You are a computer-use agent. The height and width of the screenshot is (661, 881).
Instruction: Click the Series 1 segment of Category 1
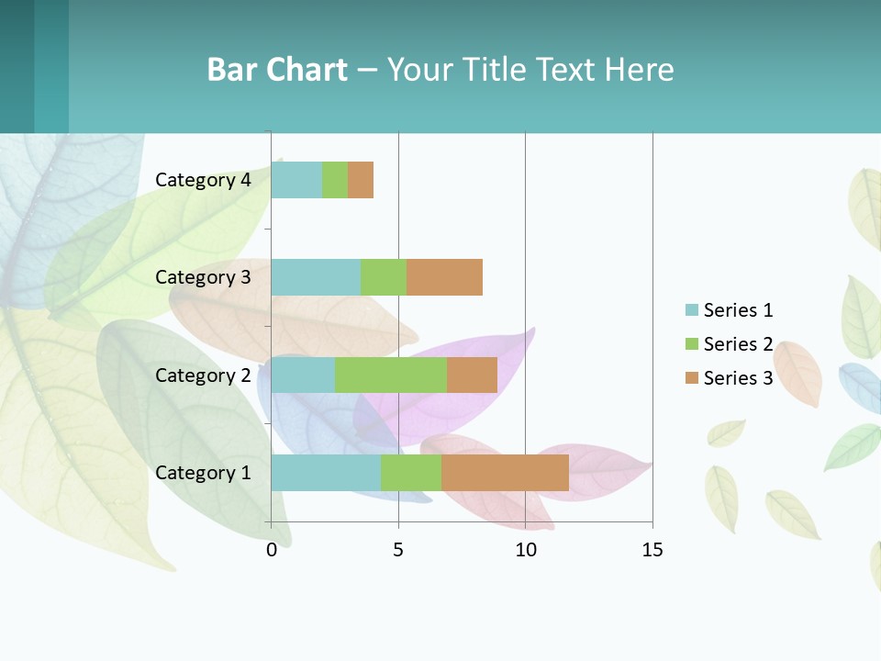326,473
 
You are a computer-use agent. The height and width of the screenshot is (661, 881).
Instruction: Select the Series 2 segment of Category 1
411,473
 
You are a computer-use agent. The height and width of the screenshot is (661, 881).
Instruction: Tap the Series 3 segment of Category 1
505,473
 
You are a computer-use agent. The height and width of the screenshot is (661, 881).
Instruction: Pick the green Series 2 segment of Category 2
391,375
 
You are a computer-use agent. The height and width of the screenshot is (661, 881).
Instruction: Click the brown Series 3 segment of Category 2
472,375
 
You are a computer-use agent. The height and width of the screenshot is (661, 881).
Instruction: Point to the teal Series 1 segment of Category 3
316,277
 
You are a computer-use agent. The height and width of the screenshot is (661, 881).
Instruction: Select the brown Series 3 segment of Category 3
444,277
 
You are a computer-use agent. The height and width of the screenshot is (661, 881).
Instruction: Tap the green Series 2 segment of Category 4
335,180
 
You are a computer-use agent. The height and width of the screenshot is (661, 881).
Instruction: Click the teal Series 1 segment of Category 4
296,180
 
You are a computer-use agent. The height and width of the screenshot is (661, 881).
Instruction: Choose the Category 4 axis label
203,180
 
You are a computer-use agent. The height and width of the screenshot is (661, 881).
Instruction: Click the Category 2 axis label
203,375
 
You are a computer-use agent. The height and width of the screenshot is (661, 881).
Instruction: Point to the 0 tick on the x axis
272,550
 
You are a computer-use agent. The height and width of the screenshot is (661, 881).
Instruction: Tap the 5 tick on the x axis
398,550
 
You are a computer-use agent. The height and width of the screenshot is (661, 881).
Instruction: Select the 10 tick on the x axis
525,550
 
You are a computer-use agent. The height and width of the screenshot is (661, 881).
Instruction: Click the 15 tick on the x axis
652,550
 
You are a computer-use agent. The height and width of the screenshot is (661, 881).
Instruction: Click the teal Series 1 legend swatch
692,310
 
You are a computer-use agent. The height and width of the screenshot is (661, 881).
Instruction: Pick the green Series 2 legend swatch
692,344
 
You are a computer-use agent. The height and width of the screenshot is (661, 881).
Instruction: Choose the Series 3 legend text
738,378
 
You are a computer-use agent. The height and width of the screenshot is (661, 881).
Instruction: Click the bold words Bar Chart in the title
277,70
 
